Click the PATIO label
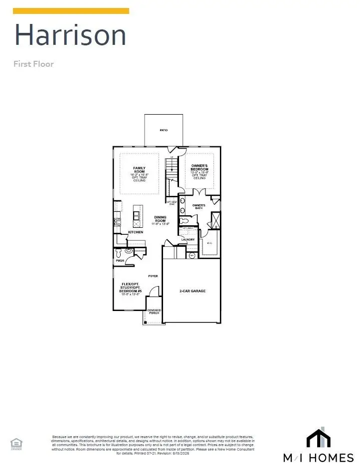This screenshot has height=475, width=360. (164, 130)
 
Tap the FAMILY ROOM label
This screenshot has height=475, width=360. (139, 169)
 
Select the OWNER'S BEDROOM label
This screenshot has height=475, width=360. (199, 167)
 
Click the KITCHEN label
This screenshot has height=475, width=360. (136, 232)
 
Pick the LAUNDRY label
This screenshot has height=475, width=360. (188, 240)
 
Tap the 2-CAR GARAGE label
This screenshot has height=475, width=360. (192, 291)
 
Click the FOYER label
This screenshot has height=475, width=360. (153, 276)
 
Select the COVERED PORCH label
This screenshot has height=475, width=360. (154, 313)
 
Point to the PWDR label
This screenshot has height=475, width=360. (120, 260)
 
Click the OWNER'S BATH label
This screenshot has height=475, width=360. (199, 207)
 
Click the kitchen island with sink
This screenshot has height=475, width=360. (136, 215)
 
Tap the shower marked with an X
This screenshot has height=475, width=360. (215, 220)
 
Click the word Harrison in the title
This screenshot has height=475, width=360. (70, 35)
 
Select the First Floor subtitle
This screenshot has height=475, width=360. (33, 64)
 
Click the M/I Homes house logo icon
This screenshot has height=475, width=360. (318, 438)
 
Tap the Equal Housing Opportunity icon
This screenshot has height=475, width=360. (16, 443)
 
